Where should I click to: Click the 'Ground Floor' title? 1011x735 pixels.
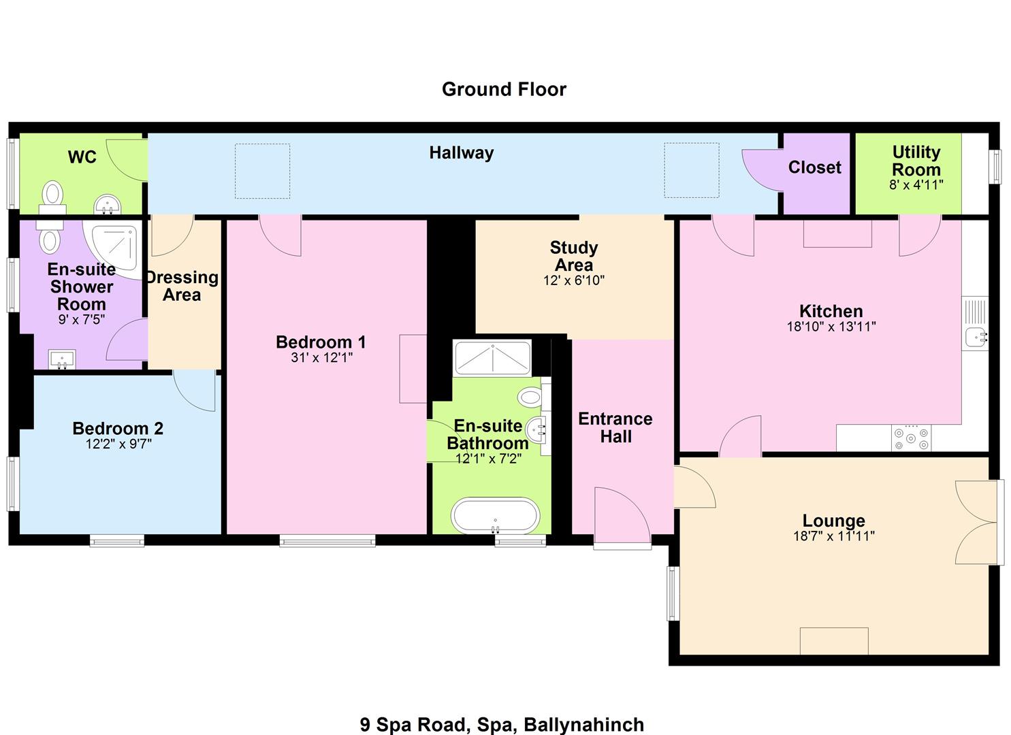pos(504,89)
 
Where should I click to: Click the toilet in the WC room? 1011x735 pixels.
pos(53,198)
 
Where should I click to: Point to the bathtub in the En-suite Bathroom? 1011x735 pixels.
pos(495,515)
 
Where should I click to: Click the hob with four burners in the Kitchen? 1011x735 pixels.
pos(911,438)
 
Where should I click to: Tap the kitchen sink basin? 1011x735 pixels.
pos(975,337)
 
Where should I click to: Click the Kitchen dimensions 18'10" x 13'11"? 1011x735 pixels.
pos(831,326)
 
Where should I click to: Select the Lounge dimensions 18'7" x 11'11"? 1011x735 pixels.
pos(833,536)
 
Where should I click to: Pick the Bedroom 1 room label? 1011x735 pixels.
pos(321,342)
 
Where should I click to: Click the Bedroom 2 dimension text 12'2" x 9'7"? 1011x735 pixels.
pos(118,444)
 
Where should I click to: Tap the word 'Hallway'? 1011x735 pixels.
pos(462,153)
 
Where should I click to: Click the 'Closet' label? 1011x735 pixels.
pos(815,167)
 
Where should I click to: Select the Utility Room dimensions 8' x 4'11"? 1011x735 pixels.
pos(916,184)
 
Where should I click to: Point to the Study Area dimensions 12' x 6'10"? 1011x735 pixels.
pos(574,280)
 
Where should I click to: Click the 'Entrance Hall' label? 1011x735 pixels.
pos(615,428)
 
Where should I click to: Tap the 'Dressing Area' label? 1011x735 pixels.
pos(182,286)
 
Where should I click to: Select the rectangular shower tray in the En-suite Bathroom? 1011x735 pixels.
pos(492,358)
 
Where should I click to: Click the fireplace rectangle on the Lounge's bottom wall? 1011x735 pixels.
pos(834,640)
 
